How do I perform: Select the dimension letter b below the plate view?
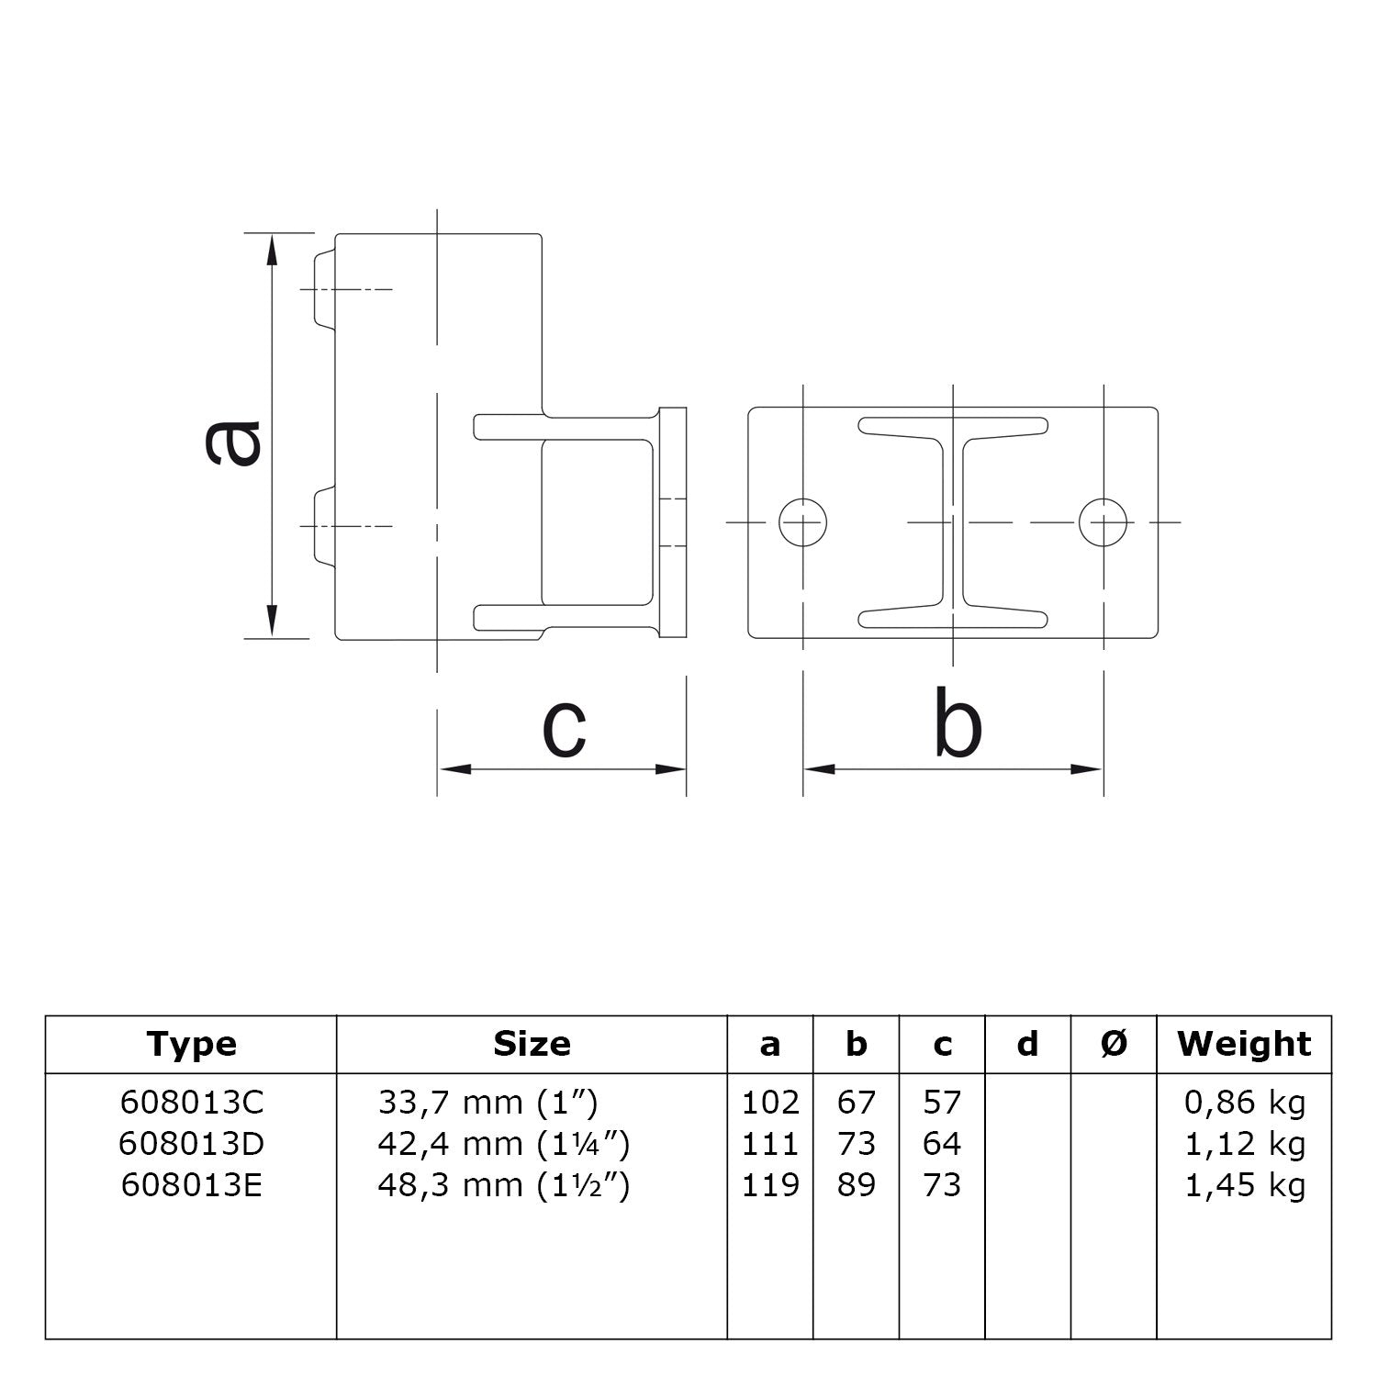(957, 724)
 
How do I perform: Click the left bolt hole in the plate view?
(802, 522)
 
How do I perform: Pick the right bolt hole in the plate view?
(1103, 522)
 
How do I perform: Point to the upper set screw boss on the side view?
(324, 289)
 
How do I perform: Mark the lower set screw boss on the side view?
(324, 526)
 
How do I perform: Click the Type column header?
(191, 1044)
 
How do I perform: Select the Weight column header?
(1244, 1044)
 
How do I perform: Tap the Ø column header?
(1113, 1044)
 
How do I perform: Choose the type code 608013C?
(191, 1102)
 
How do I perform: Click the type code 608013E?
(191, 1185)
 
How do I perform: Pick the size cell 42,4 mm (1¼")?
(503, 1144)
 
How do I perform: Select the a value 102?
(770, 1102)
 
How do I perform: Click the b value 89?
(856, 1185)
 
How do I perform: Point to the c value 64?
(942, 1144)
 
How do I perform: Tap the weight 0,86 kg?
(1244, 1102)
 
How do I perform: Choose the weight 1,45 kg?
(1244, 1185)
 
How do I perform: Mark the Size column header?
(532, 1044)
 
